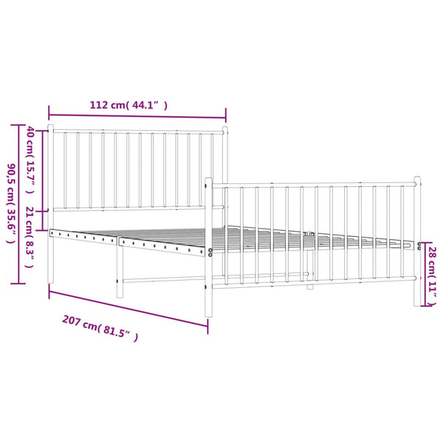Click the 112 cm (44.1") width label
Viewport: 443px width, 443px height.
[128, 106]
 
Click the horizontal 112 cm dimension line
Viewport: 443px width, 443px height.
[137, 116]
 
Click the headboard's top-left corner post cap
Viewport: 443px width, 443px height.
[50, 128]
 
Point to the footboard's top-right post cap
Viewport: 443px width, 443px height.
[416, 179]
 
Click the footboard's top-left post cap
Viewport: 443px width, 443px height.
[208, 180]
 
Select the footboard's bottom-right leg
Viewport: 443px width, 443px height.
[416, 299]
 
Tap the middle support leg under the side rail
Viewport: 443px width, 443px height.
[117, 273]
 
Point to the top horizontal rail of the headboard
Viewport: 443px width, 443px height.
[137, 133]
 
